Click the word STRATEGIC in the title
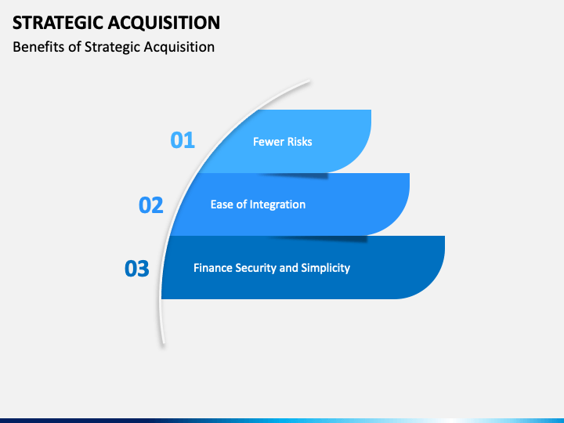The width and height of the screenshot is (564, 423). [x=58, y=23]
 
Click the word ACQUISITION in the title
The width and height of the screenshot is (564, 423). [x=164, y=23]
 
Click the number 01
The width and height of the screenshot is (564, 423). [x=183, y=140]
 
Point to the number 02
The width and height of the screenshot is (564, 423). [x=151, y=205]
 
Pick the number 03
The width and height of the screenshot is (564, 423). [x=136, y=269]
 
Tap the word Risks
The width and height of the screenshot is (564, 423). [x=299, y=142]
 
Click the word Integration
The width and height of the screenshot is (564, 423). [x=277, y=204]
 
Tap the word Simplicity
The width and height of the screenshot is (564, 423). [x=326, y=269]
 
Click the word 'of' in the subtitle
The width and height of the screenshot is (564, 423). [x=74, y=47]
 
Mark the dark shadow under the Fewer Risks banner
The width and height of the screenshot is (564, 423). [x=295, y=175]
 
